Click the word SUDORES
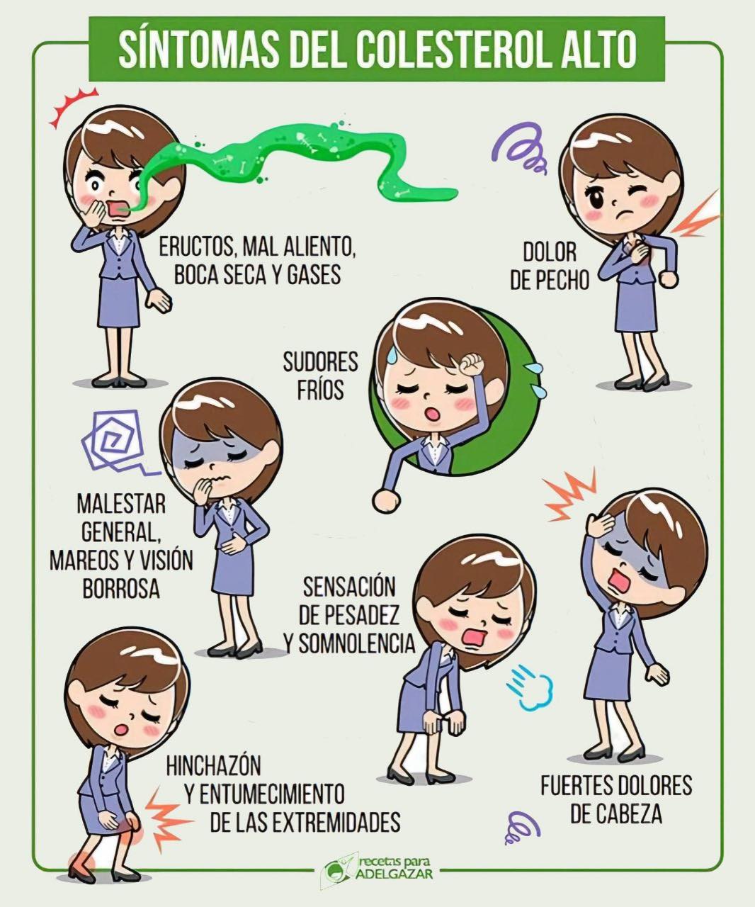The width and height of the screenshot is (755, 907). coord(320,361)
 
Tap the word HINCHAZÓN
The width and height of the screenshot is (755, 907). coord(214,765)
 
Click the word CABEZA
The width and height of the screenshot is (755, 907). coord(616,813)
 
